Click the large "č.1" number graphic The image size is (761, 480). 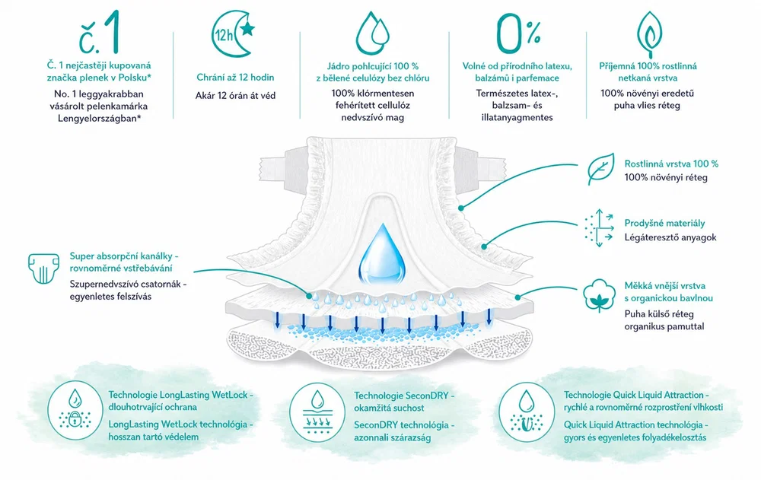pos(100,33)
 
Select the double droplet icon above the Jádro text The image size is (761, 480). pos(372,33)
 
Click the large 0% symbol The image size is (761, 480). pos(517,33)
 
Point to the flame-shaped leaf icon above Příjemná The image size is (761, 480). pos(649,34)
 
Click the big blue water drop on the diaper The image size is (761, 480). pos(382,254)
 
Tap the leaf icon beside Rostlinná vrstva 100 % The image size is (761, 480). pos(601,170)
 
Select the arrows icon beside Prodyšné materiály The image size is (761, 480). pos(599,228)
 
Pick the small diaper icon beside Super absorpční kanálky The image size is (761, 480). pos(43,268)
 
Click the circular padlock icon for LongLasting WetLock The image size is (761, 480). pos(75,411)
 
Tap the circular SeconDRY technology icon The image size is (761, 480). pos(317,412)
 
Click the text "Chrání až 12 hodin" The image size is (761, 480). pos(235,77)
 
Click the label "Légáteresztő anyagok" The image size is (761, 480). pos(670,237)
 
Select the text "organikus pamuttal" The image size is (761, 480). pos(664,326)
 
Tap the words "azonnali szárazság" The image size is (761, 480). pos(392,437)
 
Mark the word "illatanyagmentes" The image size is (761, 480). pos(517,117)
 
